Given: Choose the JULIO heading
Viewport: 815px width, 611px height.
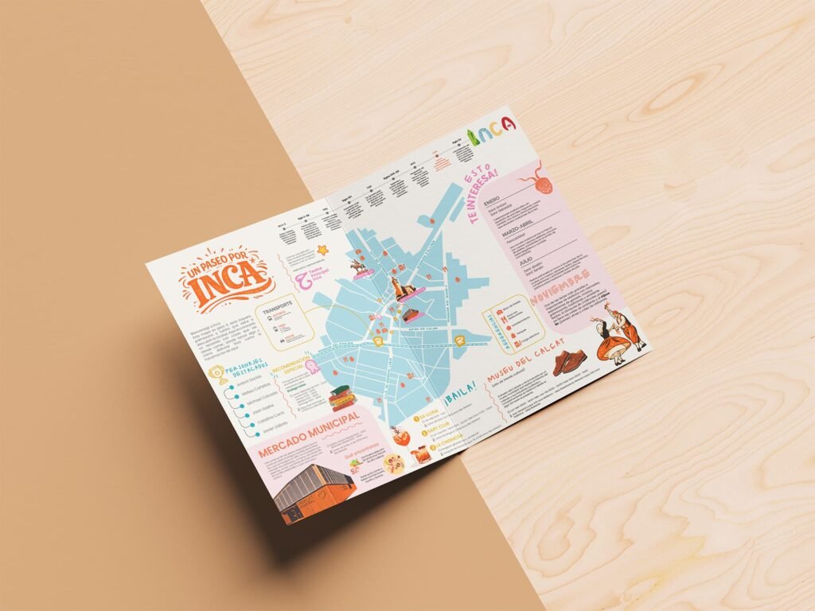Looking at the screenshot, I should tap(525, 260).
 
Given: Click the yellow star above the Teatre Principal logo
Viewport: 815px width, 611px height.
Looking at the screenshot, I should tap(322, 249).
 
